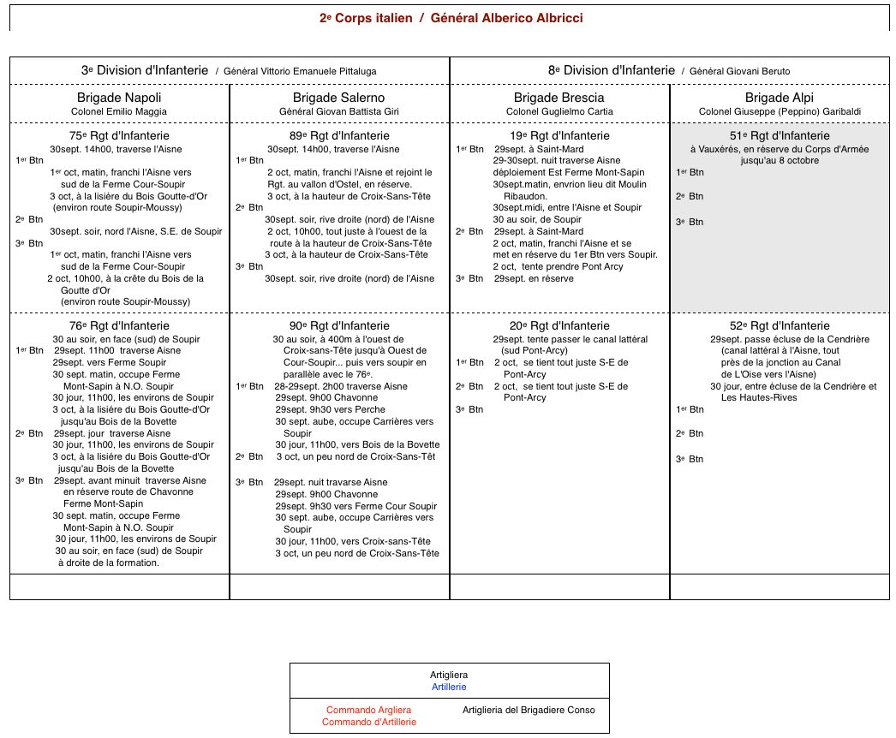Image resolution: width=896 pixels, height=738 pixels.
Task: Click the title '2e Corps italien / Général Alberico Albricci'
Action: click(449, 18)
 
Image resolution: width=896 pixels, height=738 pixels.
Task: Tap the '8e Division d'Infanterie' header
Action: click(611, 71)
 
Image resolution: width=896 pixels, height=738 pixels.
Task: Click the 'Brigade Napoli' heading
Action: click(119, 98)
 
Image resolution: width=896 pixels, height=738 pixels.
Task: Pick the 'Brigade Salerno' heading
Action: click(339, 98)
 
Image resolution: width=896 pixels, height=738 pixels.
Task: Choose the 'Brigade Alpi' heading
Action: click(780, 98)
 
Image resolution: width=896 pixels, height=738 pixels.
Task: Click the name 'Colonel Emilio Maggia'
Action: click(119, 111)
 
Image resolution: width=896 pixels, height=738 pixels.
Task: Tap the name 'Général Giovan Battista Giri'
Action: click(339, 111)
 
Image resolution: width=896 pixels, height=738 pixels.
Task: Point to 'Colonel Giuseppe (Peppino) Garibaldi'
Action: click(779, 111)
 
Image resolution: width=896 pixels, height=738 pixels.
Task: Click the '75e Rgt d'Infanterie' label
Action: click(119, 135)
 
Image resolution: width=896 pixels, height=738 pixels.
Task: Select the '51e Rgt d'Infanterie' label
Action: click(779, 135)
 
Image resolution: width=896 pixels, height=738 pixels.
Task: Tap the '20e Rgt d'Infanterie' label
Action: click(559, 326)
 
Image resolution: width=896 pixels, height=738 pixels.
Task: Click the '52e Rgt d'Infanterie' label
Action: click(779, 326)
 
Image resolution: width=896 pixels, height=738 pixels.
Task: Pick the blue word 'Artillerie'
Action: click(449, 687)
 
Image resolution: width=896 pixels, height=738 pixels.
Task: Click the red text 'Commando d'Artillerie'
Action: click(368, 722)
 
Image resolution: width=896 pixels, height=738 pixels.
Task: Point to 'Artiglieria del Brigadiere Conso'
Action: click(528, 710)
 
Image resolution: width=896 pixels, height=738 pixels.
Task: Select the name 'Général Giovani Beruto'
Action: click(739, 71)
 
